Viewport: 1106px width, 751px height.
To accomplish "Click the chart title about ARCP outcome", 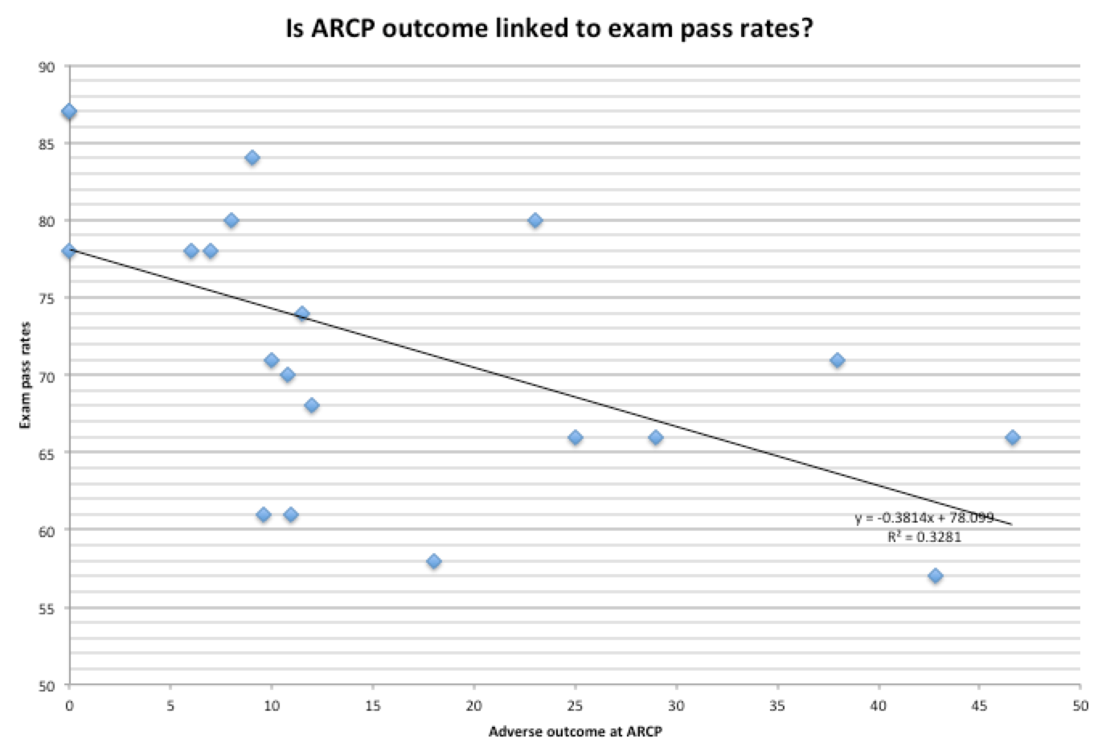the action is (549, 29).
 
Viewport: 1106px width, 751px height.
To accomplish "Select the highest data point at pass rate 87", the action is (69, 112).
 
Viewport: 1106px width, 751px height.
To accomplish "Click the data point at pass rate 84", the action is (252, 158).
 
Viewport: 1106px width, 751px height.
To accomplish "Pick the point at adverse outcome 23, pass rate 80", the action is (535, 220).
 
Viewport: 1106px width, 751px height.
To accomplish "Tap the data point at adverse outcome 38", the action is (838, 360).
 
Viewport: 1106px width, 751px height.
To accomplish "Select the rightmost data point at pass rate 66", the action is (1013, 437).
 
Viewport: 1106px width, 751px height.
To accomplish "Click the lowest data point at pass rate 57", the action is (936, 576).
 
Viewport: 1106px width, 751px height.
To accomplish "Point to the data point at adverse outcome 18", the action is (434, 561).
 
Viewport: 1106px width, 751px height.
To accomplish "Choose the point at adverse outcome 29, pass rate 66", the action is (656, 437).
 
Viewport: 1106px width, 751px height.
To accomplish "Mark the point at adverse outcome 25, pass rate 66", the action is (576, 437).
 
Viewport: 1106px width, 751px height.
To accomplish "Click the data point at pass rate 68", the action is (312, 405).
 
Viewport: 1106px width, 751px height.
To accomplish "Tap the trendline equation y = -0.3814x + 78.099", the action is (924, 518).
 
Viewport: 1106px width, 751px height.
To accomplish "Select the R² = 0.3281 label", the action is (924, 536).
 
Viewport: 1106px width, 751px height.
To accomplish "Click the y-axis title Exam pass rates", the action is (25, 375).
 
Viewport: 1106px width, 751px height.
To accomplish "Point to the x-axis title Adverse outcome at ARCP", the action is (576, 731).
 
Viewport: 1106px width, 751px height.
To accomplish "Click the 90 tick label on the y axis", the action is (47, 67).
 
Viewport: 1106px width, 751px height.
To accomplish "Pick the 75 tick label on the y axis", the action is (47, 298).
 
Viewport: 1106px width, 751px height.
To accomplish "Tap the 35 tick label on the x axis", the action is (777, 706).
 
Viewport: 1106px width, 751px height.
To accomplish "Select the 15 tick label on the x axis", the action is (373, 706).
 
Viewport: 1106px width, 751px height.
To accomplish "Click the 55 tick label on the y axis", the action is (47, 608).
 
